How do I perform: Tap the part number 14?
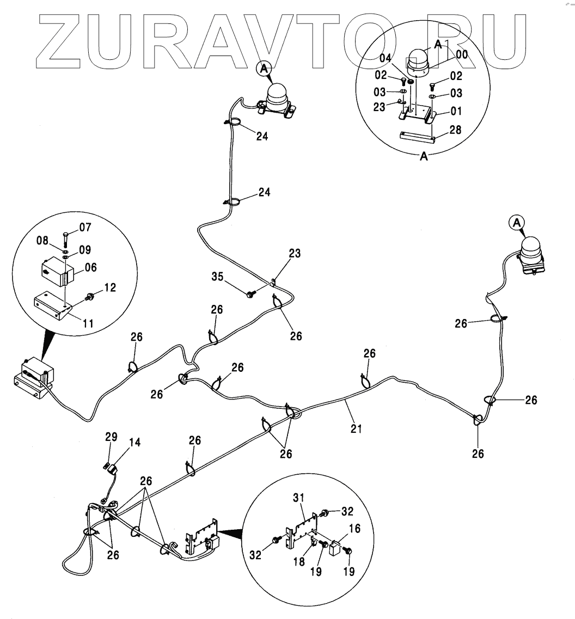point(134,443)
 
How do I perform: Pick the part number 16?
point(354,529)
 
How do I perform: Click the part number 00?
point(462,54)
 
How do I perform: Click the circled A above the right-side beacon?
point(517,222)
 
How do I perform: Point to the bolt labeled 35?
point(250,294)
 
